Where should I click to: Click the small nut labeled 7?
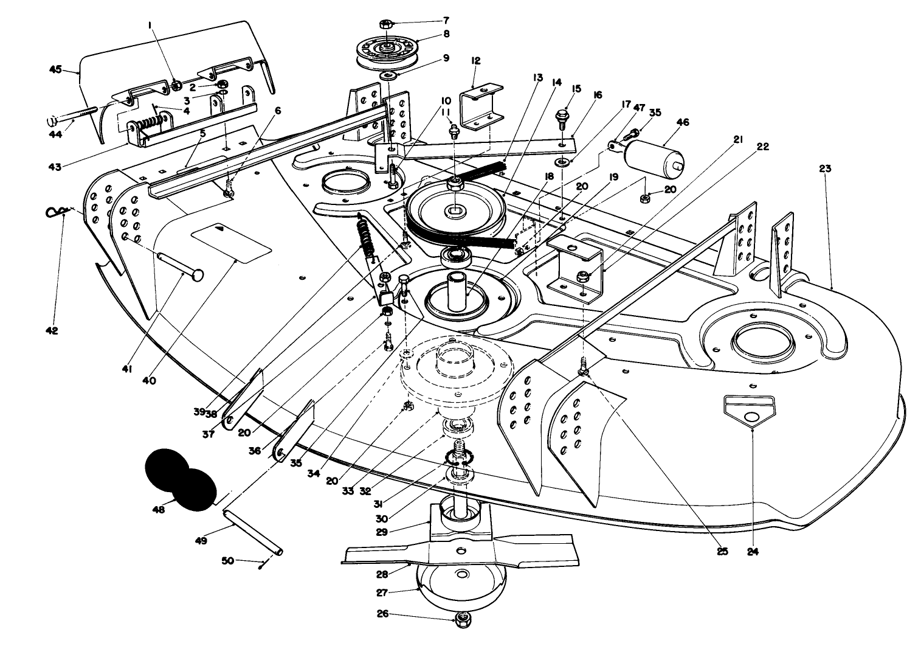click(387, 24)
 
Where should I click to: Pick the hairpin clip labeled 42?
click(57, 213)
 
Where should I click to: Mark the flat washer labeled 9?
click(388, 75)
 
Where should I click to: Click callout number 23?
click(824, 168)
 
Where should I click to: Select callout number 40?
click(149, 381)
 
